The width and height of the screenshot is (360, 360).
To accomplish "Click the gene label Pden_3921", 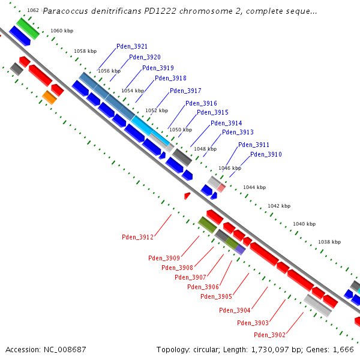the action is [132, 46].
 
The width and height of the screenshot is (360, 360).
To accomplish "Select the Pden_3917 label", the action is [185, 91].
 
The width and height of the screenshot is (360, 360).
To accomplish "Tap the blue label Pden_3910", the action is [266, 154].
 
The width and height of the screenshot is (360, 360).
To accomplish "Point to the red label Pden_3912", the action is [137, 237].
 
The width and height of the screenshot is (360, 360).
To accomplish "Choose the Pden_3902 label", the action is [269, 335].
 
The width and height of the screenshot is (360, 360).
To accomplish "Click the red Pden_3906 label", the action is [203, 287].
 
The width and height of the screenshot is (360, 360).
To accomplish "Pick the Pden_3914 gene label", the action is [226, 123].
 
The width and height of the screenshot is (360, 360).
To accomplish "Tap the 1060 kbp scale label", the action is [62, 31].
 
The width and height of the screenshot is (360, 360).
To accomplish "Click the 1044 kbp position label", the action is [254, 187].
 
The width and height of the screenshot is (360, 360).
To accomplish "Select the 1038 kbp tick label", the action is [329, 242].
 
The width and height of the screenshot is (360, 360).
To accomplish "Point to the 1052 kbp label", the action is [157, 110].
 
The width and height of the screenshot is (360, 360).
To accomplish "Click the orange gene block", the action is [49, 98].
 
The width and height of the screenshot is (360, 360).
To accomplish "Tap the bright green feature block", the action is [28, 29].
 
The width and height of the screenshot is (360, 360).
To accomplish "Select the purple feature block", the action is [240, 250].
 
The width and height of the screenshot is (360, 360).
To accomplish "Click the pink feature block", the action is [221, 188].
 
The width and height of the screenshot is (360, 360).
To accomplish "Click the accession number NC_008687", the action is [65, 350].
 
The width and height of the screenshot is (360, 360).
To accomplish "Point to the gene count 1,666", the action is [343, 350].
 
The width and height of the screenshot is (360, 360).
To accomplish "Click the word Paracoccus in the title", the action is [65, 11].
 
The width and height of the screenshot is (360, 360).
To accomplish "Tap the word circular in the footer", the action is [206, 350].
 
